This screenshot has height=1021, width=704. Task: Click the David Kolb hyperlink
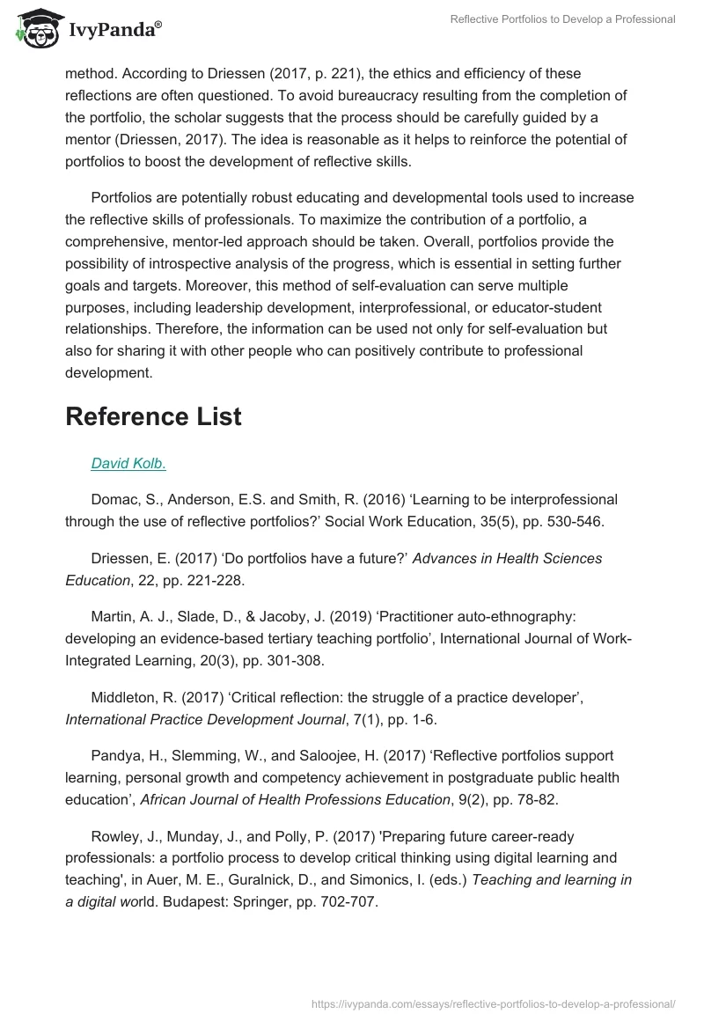pyautogui.click(x=128, y=463)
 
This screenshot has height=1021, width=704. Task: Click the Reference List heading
pyautogui.click(x=153, y=416)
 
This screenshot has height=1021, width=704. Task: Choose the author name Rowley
pyautogui.click(x=114, y=835)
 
